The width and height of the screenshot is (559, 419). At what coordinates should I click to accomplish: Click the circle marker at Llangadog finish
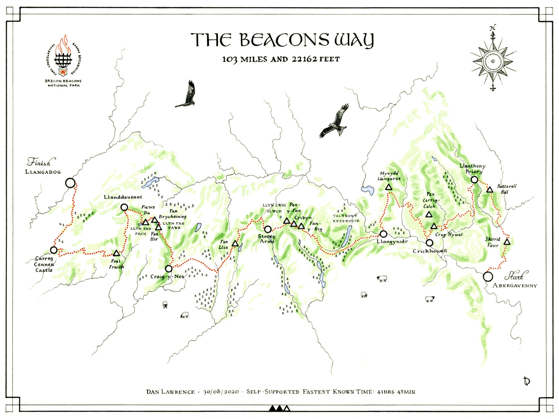pos(70,183)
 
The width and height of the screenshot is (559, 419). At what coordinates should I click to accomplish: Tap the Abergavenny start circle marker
pos(488,276)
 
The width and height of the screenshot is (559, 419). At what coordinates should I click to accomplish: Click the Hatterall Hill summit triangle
pos(490,190)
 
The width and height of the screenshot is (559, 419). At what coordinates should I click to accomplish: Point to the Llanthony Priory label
pos(473,168)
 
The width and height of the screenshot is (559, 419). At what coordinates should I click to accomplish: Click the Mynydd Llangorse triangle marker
pos(389,187)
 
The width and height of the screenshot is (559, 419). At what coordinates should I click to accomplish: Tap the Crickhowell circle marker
pos(429,242)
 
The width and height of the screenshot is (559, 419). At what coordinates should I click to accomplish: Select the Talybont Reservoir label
pos(346,218)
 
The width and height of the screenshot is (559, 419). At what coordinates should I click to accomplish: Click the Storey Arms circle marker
pos(268,229)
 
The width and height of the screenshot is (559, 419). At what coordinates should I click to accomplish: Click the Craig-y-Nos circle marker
pos(169,268)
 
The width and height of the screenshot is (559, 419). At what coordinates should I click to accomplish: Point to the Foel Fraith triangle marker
pos(116,253)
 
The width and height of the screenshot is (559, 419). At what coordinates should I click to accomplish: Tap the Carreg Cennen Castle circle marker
pos(54,250)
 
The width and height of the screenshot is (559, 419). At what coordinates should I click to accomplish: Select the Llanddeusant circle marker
pos(124,207)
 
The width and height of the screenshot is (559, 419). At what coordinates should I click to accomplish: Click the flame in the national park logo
pos(63,45)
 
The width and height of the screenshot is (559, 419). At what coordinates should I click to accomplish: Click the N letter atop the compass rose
pos(493,28)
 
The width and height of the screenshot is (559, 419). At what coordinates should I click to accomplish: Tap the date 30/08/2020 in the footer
pos(221,392)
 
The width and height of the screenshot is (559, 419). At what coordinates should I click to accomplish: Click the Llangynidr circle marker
pos(383,234)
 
